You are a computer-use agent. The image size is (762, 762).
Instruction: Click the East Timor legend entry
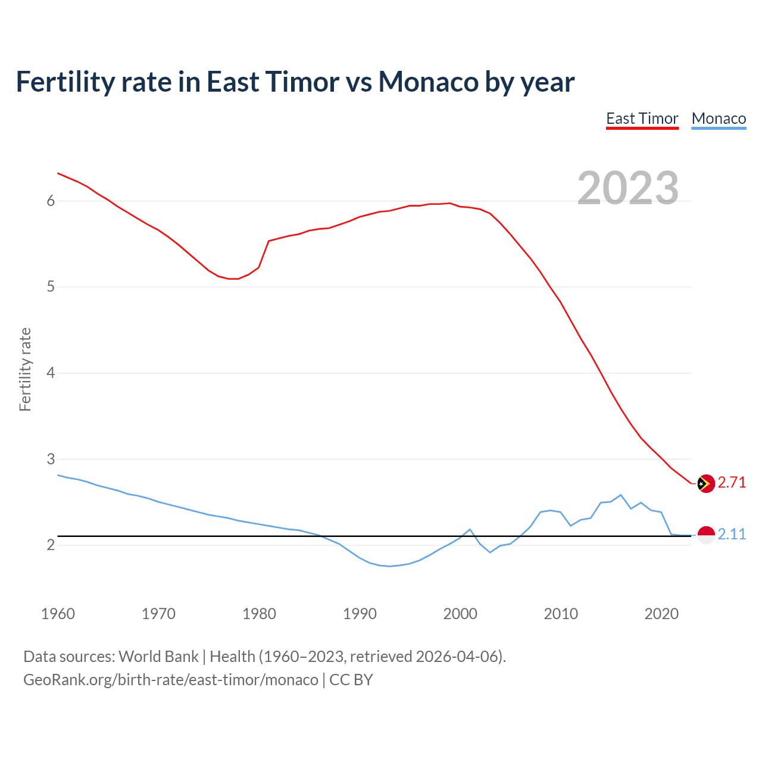(642, 118)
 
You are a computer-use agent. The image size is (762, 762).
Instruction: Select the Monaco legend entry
(719, 118)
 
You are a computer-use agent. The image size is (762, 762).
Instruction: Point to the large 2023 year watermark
(627, 188)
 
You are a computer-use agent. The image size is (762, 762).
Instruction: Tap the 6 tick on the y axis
(51, 201)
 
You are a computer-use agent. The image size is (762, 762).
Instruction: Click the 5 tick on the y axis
(51, 287)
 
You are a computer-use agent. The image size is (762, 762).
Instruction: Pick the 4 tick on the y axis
(51, 373)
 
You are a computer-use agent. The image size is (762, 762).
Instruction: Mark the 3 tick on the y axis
(51, 459)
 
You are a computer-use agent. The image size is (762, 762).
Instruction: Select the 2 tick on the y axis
(51, 545)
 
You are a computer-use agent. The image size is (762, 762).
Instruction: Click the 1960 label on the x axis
(58, 614)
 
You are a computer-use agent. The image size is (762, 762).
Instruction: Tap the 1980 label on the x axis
(259, 614)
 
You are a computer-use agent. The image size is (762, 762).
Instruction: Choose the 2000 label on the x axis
(460, 614)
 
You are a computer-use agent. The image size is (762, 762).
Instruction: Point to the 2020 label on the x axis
(661, 614)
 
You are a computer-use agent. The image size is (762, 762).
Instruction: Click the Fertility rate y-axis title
(25, 369)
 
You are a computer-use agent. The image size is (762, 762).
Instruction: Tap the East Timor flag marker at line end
(705, 483)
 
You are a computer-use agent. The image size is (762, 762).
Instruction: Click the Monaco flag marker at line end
(705, 535)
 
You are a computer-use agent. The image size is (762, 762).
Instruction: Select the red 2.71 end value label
(732, 483)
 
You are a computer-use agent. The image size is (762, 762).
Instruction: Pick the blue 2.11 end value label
(732, 535)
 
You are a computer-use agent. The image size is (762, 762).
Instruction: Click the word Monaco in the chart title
(428, 82)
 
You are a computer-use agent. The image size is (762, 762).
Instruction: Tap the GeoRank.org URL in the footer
(170, 680)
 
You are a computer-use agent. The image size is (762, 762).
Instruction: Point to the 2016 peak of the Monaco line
(621, 495)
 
